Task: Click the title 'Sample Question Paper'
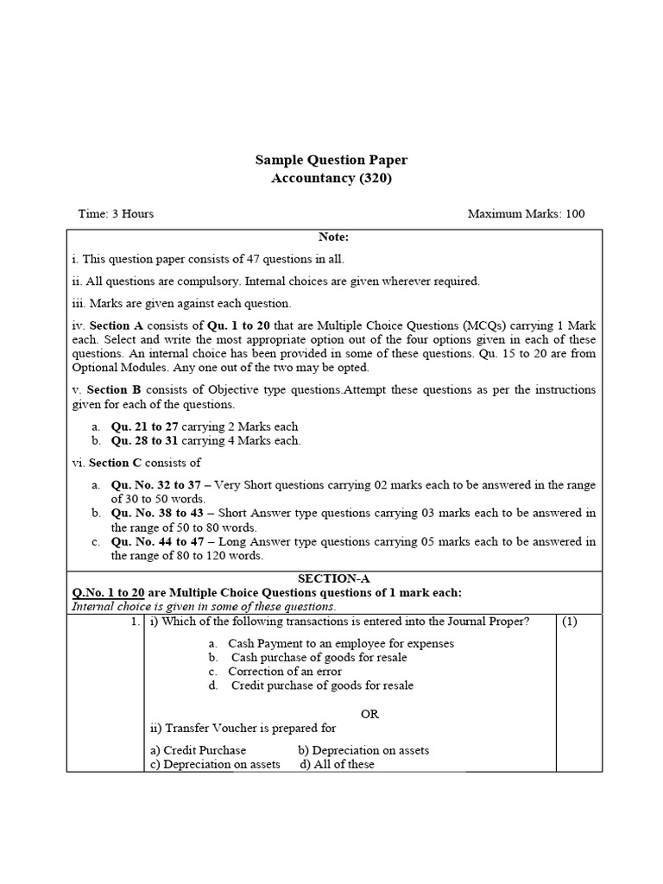pyautogui.click(x=331, y=160)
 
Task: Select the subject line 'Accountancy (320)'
pyautogui.click(x=331, y=178)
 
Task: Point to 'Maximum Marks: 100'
pyautogui.click(x=526, y=213)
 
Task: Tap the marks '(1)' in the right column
pyautogui.click(x=570, y=622)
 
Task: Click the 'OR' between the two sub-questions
pyautogui.click(x=369, y=714)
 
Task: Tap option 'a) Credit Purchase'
pyautogui.click(x=199, y=750)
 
